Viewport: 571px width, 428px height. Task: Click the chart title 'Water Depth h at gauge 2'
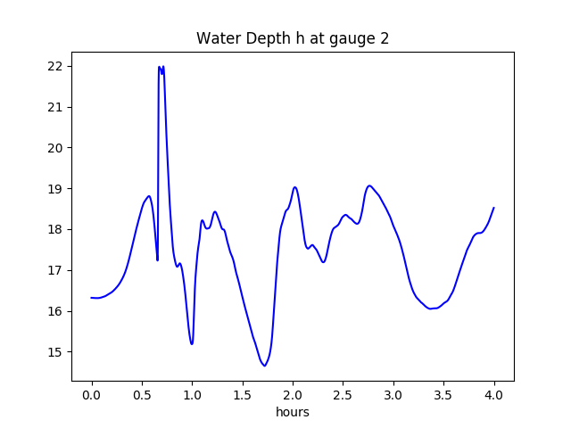293,38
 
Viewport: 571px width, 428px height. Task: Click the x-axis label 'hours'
293,412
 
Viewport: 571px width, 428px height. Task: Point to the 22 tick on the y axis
55,67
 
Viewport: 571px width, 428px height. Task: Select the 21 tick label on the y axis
55,108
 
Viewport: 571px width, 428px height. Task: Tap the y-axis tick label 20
55,148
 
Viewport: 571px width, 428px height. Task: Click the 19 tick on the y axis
55,189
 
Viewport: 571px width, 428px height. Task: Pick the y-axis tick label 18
55,230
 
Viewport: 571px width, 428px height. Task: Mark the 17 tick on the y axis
55,271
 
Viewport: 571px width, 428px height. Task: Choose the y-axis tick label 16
55,311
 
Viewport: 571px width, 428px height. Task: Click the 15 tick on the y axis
55,352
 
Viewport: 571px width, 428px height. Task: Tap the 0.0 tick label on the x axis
91,393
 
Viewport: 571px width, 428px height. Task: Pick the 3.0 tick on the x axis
393,393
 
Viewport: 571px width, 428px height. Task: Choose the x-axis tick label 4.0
494,393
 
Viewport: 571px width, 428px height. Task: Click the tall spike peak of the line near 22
160,67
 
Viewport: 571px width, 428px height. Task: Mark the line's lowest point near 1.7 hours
264,366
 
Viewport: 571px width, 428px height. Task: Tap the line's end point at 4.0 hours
493,208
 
